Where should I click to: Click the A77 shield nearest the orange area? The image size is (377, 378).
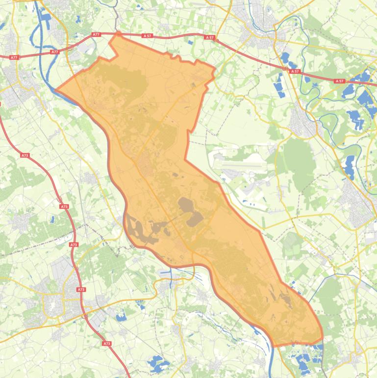96,35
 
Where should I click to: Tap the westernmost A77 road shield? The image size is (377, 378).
14,57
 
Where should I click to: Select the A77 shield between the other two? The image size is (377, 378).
54,51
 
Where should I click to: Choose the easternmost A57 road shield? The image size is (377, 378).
339,81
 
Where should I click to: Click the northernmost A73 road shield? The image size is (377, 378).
25,155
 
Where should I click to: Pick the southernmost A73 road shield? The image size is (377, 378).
107,344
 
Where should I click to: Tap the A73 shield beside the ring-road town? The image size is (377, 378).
81,290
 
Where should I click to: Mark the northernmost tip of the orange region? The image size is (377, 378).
117,33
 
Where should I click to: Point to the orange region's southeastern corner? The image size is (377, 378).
322,339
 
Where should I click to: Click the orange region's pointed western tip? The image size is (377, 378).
55,91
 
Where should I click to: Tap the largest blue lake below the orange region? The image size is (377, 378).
157,364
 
